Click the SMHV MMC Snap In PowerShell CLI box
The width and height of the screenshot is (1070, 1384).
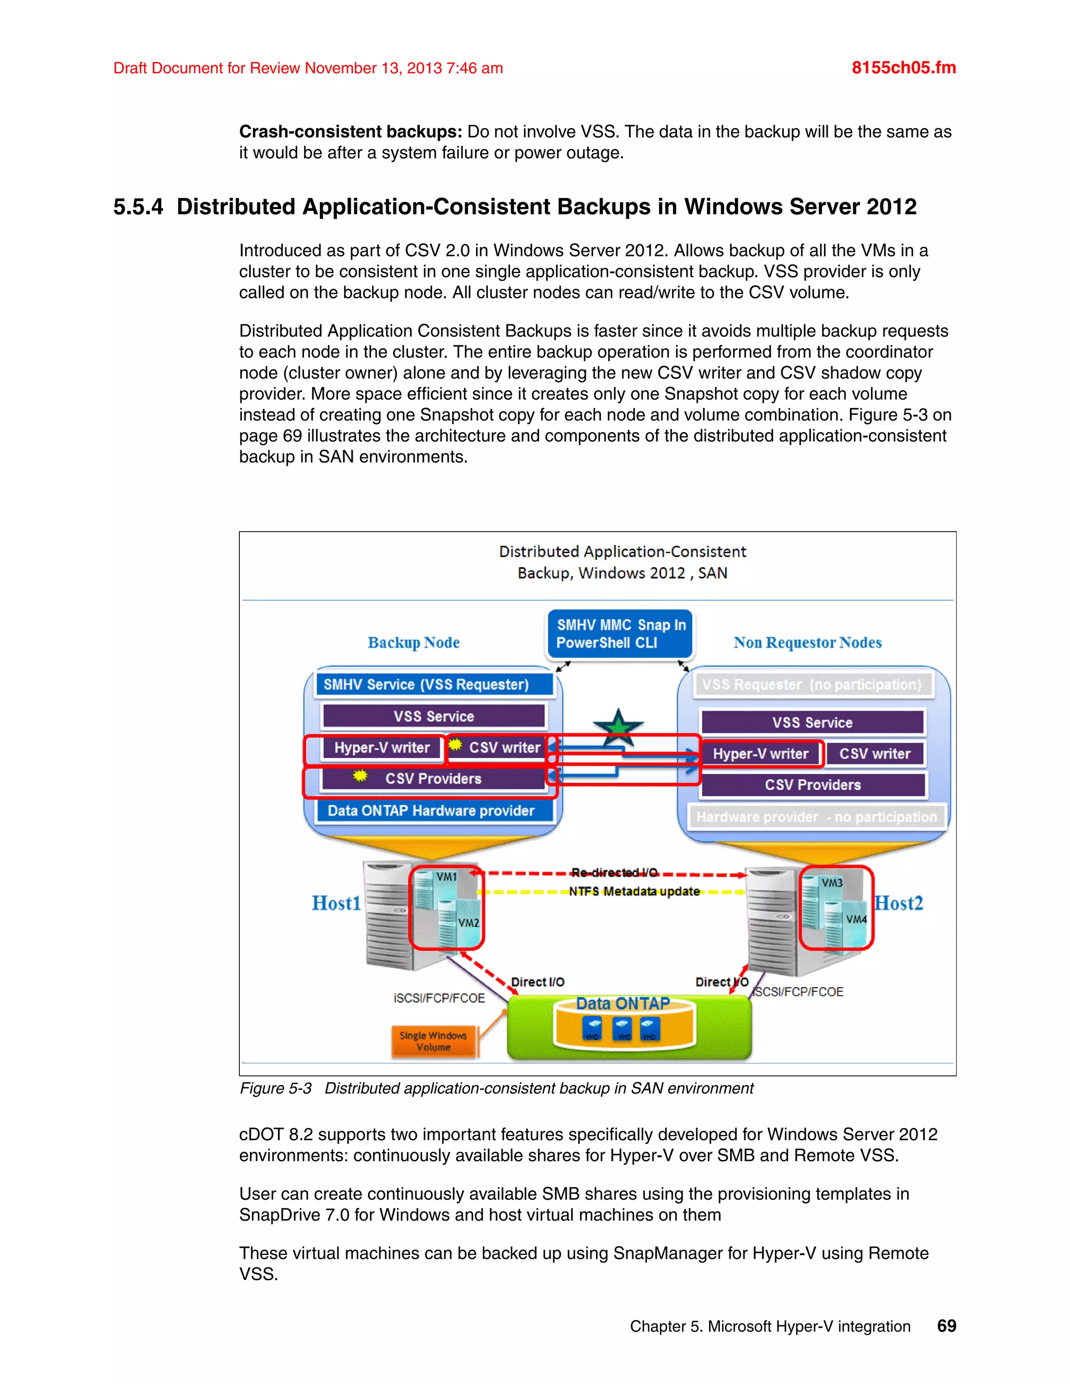[621, 634]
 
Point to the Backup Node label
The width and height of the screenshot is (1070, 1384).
[413, 642]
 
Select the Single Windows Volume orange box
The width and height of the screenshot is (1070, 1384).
[433, 1041]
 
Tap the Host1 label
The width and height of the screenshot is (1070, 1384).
[336, 903]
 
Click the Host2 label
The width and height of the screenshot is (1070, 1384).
[899, 903]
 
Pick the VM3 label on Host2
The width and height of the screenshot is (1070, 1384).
[832, 883]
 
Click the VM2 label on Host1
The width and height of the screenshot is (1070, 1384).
[469, 923]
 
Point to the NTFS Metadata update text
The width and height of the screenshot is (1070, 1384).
[634, 892]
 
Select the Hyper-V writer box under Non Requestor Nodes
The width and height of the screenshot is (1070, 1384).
[761, 754]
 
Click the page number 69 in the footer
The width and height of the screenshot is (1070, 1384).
[946, 1326]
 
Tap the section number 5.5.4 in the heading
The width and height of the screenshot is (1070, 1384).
[138, 207]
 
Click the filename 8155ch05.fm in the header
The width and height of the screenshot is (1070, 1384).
[903, 68]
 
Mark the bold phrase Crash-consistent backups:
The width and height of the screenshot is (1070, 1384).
[351, 132]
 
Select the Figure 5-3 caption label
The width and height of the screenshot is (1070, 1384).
[276, 1088]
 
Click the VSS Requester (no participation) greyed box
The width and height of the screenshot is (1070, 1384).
[811, 684]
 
